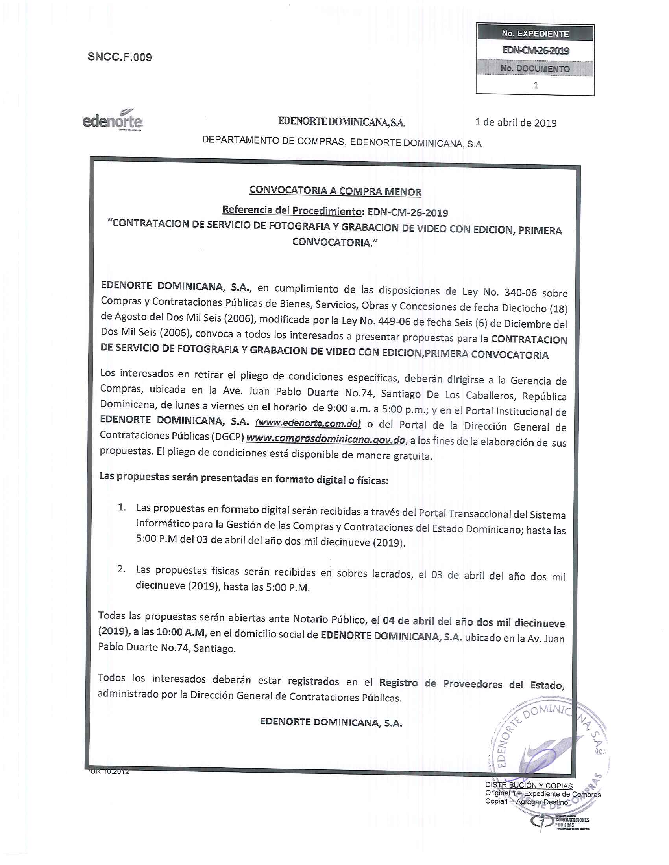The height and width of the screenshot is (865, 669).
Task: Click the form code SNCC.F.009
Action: tap(119, 57)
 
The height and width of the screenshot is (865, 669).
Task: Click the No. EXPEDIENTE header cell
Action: tap(535, 34)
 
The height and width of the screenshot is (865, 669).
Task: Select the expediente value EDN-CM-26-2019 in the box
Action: tap(535, 51)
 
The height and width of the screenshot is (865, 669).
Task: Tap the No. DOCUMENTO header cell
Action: tap(535, 68)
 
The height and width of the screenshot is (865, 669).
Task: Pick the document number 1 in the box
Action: tap(536, 85)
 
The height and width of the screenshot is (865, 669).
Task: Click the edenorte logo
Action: tap(112, 120)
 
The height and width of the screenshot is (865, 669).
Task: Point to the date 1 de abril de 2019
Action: tap(516, 123)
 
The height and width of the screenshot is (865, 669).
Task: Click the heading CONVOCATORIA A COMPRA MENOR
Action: tap(335, 191)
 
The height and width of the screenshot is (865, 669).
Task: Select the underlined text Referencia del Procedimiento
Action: tap(291, 210)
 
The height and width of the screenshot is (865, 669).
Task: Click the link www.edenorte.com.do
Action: tap(308, 423)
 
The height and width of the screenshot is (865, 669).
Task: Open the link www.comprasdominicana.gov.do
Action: tap(326, 439)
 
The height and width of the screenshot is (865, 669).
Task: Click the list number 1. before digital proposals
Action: tap(122, 507)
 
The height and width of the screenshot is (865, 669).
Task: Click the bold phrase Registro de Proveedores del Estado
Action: tap(471, 683)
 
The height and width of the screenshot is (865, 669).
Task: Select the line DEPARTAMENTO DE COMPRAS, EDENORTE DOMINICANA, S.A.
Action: tap(343, 142)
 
